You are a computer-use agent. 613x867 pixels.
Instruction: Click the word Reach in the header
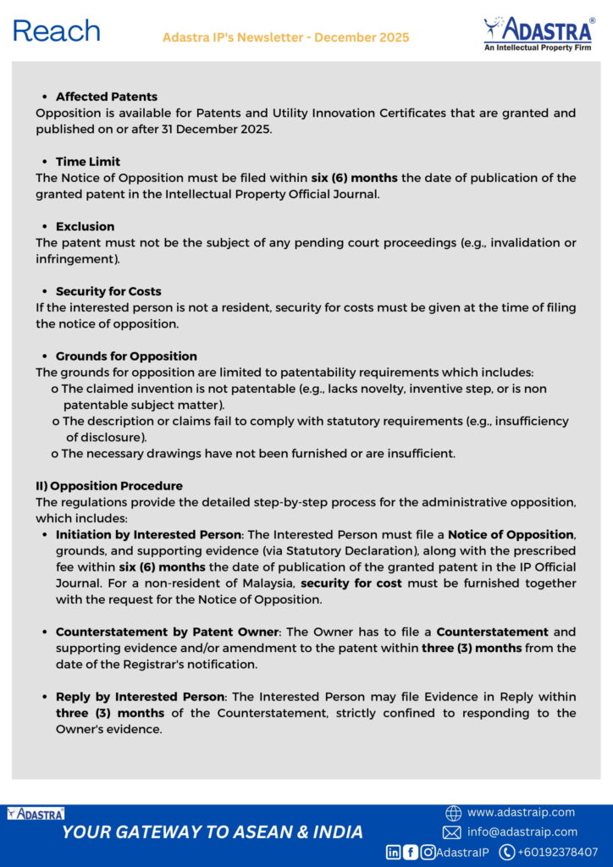[56, 32]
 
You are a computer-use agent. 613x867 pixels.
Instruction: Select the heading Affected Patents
[107, 97]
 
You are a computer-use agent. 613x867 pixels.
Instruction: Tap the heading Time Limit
[88, 162]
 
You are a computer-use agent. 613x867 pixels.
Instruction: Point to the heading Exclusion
[85, 227]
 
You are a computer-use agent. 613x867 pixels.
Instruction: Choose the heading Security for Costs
[108, 291]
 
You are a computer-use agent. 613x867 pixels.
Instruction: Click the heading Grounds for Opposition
[126, 356]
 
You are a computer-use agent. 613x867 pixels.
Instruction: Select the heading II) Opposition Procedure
[109, 486]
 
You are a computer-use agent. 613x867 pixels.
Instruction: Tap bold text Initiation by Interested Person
[148, 535]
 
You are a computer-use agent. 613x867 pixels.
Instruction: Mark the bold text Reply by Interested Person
[141, 697]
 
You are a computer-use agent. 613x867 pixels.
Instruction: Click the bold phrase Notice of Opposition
[511, 535]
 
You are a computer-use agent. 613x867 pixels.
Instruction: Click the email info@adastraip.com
[522, 832]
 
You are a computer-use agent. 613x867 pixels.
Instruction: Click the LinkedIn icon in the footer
[394, 853]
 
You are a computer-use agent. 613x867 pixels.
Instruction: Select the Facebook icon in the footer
[411, 853]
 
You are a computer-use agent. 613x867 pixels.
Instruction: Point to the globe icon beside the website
[453, 813]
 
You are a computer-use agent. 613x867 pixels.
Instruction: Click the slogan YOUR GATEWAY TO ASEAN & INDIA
[213, 832]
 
